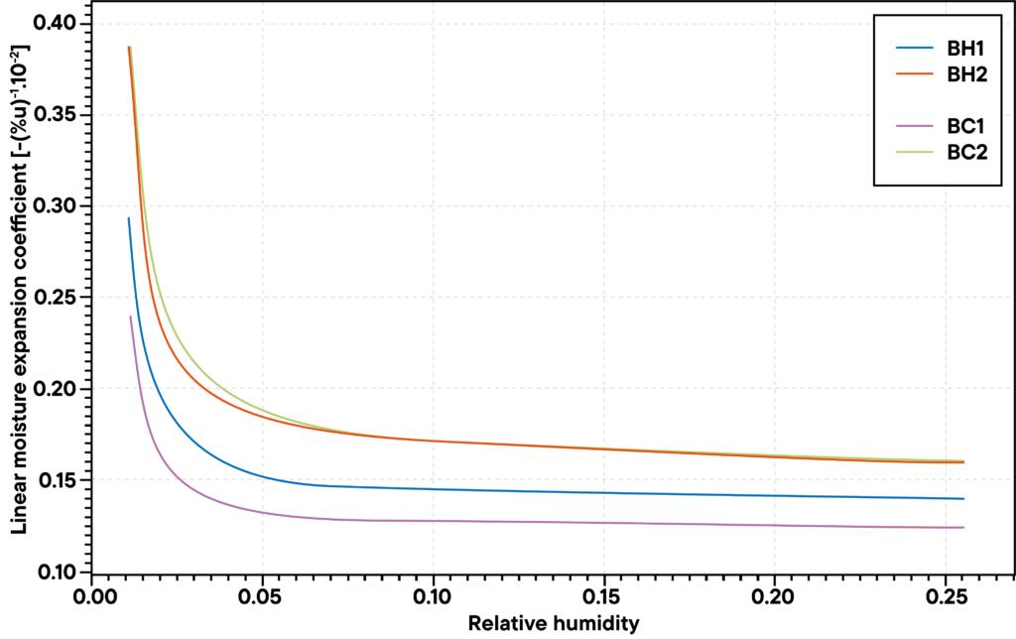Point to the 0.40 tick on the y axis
pyautogui.click(x=59, y=23)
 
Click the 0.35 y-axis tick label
pyautogui.click(x=59, y=114)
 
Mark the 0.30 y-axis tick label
pyautogui.click(x=59, y=205)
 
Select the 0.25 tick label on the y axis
pyautogui.click(x=59, y=297)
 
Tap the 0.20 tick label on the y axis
pyautogui.click(x=59, y=389)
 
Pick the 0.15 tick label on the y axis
pyautogui.click(x=59, y=480)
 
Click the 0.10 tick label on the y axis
pyautogui.click(x=59, y=572)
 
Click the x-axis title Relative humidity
pyautogui.click(x=554, y=624)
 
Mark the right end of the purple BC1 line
pyautogui.click(x=963, y=527)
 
